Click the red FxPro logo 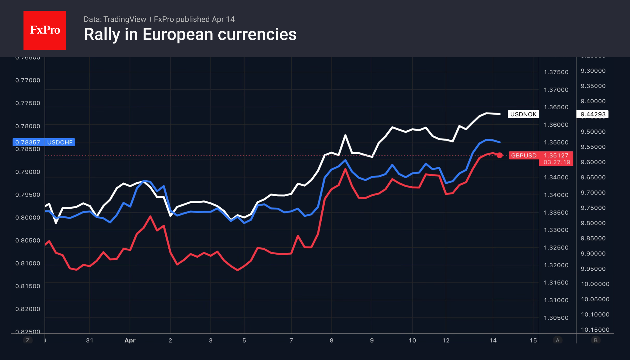point(45,30)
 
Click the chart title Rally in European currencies point(190,34)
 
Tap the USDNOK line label point(523,114)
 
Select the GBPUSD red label point(524,155)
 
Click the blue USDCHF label point(60,142)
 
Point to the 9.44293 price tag point(592,114)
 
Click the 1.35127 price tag point(556,155)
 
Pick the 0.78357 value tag point(28,142)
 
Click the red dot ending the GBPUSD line point(500,155)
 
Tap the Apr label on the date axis point(130,340)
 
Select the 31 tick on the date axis point(89,340)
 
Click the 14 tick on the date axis point(493,340)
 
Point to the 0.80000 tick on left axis point(28,218)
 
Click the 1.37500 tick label point(556,72)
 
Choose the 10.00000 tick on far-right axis point(595,284)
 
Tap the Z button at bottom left point(28,340)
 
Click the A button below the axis point(557,340)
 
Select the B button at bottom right point(595,340)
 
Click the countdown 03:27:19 point(557,162)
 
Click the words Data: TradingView point(115,19)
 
